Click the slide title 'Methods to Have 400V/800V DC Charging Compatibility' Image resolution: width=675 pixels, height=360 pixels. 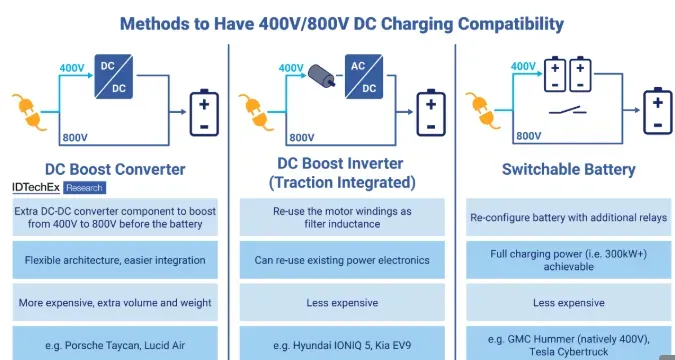(x=341, y=22)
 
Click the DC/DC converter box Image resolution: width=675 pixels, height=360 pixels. (x=117, y=77)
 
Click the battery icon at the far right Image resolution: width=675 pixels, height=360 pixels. (x=656, y=111)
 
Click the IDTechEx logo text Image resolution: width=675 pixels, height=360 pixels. (x=35, y=187)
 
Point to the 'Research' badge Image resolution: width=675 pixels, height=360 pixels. (x=83, y=188)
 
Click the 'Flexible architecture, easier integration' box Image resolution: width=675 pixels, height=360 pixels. (x=115, y=259)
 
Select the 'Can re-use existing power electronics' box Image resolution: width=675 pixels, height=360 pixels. (x=342, y=259)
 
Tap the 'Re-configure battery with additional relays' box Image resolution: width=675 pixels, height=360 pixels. (x=568, y=217)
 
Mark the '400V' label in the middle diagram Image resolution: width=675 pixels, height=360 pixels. (x=291, y=68)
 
